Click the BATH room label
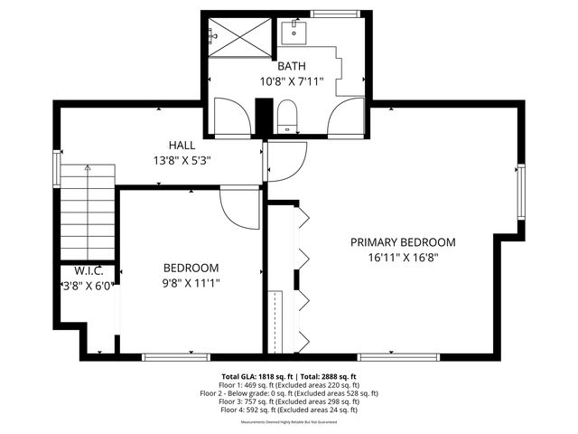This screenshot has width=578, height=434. click(x=291, y=66)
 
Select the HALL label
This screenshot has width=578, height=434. click(x=182, y=145)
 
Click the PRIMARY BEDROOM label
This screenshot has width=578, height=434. click(x=403, y=242)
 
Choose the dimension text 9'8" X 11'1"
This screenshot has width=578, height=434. click(x=191, y=282)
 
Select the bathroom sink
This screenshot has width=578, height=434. click(x=293, y=33)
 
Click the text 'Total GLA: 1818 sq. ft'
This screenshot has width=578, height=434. click(x=253, y=376)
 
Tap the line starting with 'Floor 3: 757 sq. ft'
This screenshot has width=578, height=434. click(x=289, y=401)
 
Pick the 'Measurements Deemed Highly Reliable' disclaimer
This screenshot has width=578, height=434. click(x=289, y=422)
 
